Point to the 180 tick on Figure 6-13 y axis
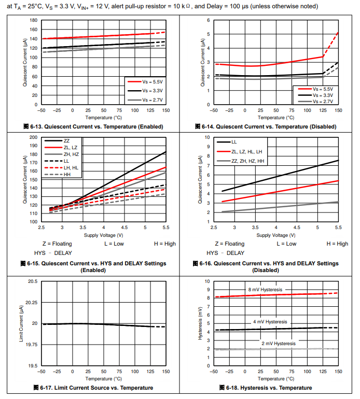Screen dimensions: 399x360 point(34,20)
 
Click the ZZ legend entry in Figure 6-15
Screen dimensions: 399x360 point(67,141)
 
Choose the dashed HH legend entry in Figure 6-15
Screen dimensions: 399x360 point(67,175)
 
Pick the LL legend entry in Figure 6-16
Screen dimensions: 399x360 point(234,141)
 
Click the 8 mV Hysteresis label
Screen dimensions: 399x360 point(265,290)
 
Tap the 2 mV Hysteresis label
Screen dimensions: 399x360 point(279,344)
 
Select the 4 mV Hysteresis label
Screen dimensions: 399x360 point(270,322)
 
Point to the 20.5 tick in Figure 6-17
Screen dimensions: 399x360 point(32,281)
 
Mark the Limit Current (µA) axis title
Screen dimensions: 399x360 point(22,323)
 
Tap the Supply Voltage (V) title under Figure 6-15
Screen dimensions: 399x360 point(103,235)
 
